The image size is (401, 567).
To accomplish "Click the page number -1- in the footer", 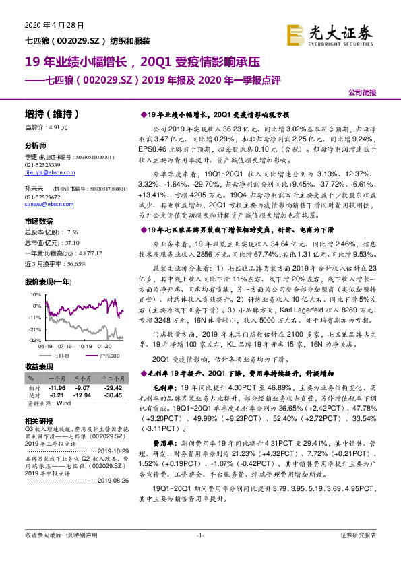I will (199, 554).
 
